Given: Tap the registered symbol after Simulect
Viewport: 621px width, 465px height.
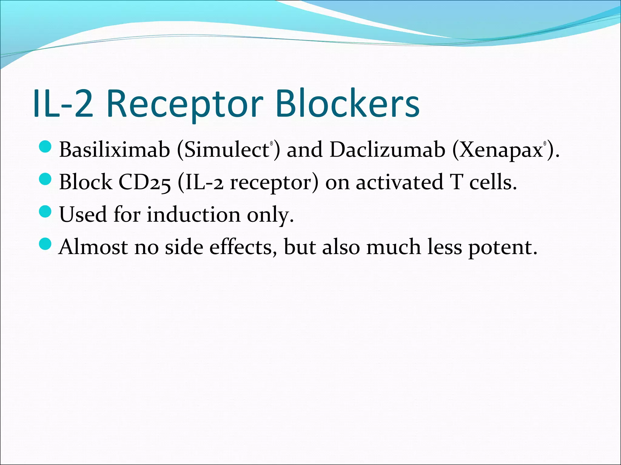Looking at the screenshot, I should coord(272,144).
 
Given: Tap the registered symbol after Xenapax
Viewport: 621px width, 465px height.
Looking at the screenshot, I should coord(545,144).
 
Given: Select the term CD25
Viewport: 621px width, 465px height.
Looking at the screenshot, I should coord(144,182).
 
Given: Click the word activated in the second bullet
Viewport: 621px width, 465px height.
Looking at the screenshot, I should coord(399,182).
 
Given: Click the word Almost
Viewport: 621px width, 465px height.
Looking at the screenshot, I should coord(93,247).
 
